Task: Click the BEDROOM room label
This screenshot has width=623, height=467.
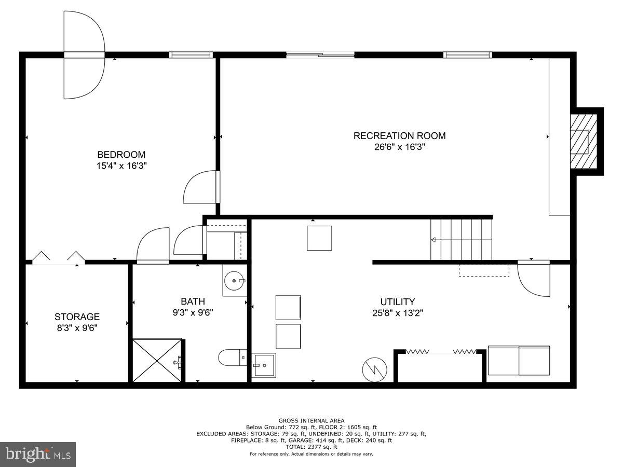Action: coord(121,155)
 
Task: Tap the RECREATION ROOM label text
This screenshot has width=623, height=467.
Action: coord(399,136)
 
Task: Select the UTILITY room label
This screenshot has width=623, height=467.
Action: coord(397,302)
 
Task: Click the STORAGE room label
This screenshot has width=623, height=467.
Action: coord(77,317)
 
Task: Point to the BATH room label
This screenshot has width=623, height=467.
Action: coord(193,301)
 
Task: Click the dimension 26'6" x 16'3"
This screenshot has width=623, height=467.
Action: coord(399,147)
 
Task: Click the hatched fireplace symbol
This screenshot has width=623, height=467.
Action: coord(584,141)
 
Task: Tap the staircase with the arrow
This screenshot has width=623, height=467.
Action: coord(461,240)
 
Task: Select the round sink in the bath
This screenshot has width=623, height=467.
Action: coord(235,281)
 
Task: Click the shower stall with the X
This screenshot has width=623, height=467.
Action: coord(157,360)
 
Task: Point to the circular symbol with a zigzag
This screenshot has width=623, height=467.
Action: coord(374,369)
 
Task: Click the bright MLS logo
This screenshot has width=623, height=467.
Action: coord(38,454)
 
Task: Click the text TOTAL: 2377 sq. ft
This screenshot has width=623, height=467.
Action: coord(311,447)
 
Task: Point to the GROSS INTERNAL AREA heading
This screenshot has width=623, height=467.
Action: coord(311,420)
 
